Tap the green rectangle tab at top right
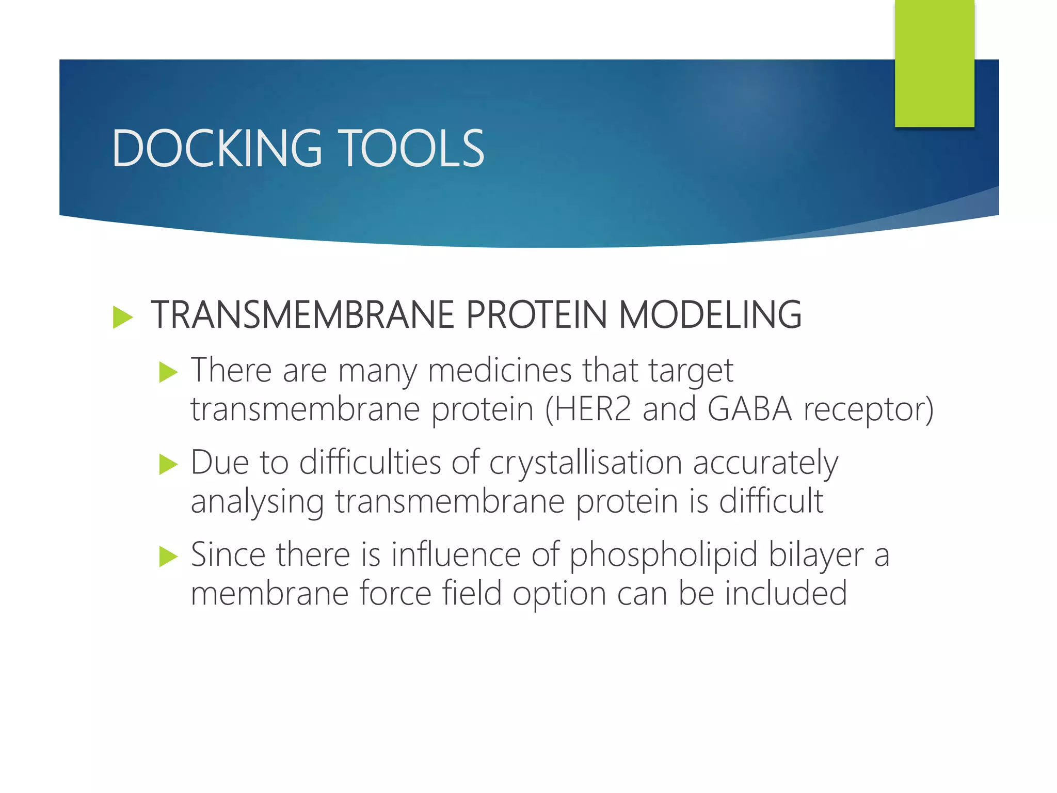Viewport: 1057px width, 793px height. tap(934, 63)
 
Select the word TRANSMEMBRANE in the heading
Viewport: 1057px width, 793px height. tap(302, 315)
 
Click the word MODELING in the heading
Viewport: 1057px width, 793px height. tap(710, 315)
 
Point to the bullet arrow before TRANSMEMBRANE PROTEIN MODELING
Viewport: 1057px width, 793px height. tap(123, 316)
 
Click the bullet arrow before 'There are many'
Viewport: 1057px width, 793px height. tap(168, 372)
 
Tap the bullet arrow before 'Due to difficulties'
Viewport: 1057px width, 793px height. tap(168, 464)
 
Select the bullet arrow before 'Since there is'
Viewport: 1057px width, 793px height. tap(168, 556)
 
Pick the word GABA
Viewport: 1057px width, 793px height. tap(749, 409)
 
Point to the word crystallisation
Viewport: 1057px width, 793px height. tap(585, 463)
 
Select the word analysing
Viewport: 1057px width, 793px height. tap(257, 502)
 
